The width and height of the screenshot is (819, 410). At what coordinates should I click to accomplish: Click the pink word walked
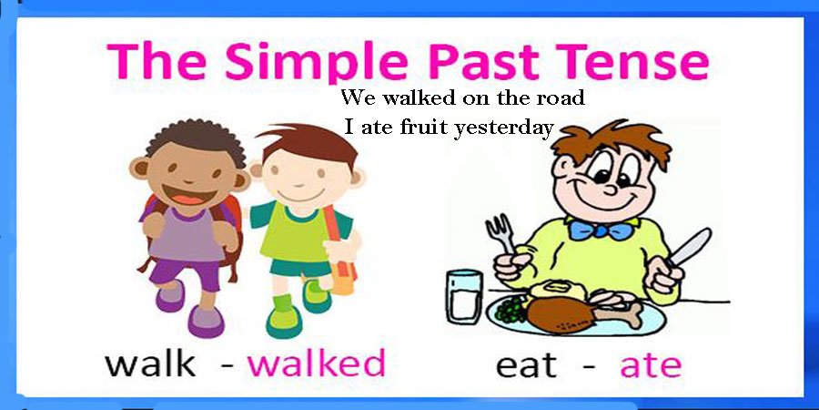pos(317,363)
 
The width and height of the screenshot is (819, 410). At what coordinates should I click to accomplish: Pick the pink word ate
pos(650,364)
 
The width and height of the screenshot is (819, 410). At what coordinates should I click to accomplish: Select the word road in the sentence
pos(559,97)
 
